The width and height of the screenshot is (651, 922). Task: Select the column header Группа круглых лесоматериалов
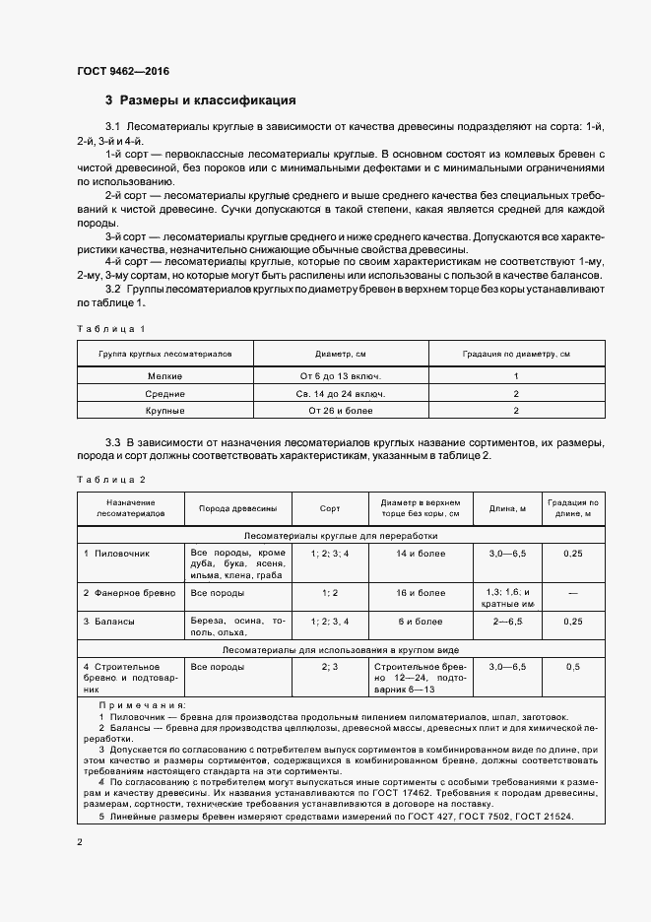(x=164, y=353)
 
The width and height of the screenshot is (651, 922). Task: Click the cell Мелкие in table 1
(x=164, y=375)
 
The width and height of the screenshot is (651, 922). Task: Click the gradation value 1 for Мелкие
(x=515, y=375)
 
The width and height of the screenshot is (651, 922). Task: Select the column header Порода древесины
(x=237, y=508)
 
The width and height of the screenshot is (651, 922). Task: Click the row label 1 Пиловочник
(x=116, y=554)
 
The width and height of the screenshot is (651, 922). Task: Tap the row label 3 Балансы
(x=109, y=622)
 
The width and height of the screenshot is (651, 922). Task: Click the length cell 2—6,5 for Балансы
(x=508, y=622)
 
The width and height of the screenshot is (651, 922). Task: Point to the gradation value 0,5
(x=573, y=667)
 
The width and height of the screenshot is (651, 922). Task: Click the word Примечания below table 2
(x=142, y=706)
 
